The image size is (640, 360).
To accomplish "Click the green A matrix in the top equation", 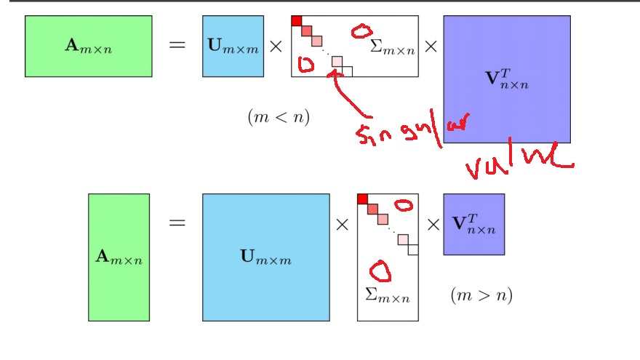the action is (x=88, y=46).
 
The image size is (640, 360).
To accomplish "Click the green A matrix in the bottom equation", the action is (x=119, y=257).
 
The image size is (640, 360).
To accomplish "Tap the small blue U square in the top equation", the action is (x=232, y=46).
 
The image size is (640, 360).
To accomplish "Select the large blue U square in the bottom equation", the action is (x=265, y=257).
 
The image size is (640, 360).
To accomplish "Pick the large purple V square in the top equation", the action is (x=506, y=79).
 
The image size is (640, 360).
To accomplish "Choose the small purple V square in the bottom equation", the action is (x=473, y=224).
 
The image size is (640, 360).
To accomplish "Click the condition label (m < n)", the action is (x=279, y=117).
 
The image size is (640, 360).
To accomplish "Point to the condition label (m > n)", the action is (x=481, y=295).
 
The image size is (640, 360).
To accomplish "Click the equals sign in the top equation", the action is (x=177, y=46).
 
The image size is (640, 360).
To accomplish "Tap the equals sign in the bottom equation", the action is (x=177, y=223).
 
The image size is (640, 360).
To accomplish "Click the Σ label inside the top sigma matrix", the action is (x=392, y=47).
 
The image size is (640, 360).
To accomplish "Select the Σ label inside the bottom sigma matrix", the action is (x=387, y=295).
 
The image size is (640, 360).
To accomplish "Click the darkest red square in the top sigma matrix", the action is (x=296, y=20).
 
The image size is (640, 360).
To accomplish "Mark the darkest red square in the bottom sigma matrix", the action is (x=362, y=199).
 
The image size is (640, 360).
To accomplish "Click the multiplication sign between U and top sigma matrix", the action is (x=276, y=46).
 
